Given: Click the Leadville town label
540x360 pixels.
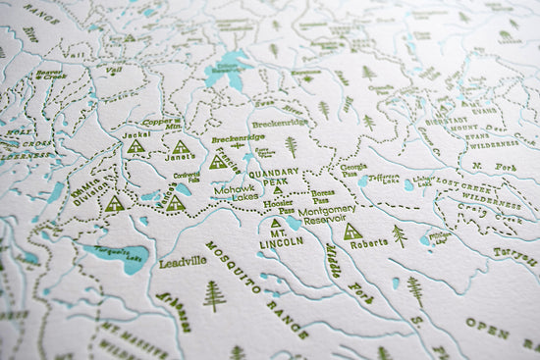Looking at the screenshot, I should (184, 261).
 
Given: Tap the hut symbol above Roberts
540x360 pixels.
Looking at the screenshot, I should (352, 231).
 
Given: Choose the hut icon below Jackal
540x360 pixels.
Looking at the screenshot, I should (136, 146).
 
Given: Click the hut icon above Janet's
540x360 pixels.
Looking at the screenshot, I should (181, 147).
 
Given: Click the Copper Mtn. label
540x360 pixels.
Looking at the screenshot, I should (160, 125).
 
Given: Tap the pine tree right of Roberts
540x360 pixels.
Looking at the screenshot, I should (400, 235).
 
